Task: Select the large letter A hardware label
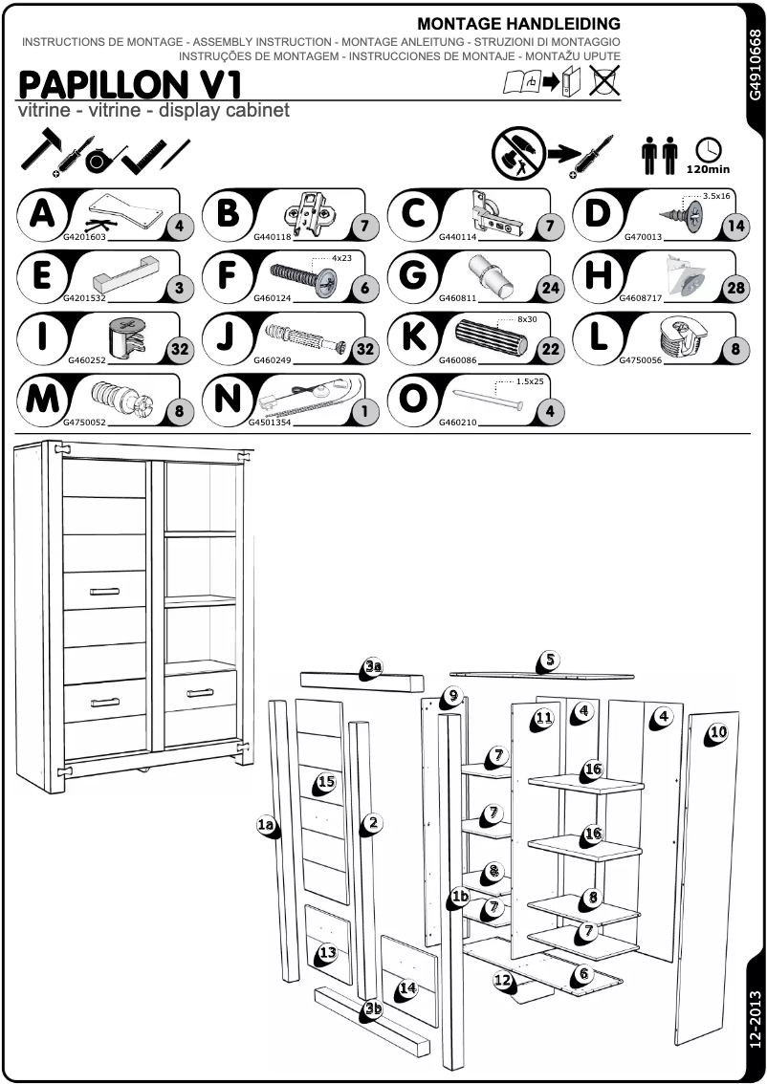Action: (x=41, y=213)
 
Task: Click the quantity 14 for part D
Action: (x=734, y=227)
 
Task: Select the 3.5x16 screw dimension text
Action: (x=715, y=196)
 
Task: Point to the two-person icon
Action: (x=659, y=155)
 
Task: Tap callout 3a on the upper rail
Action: (x=373, y=667)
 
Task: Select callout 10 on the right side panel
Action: (x=718, y=733)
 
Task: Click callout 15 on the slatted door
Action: (x=326, y=782)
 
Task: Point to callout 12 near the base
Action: (x=503, y=980)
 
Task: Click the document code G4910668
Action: (x=755, y=66)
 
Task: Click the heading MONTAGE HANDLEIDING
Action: (x=518, y=24)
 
